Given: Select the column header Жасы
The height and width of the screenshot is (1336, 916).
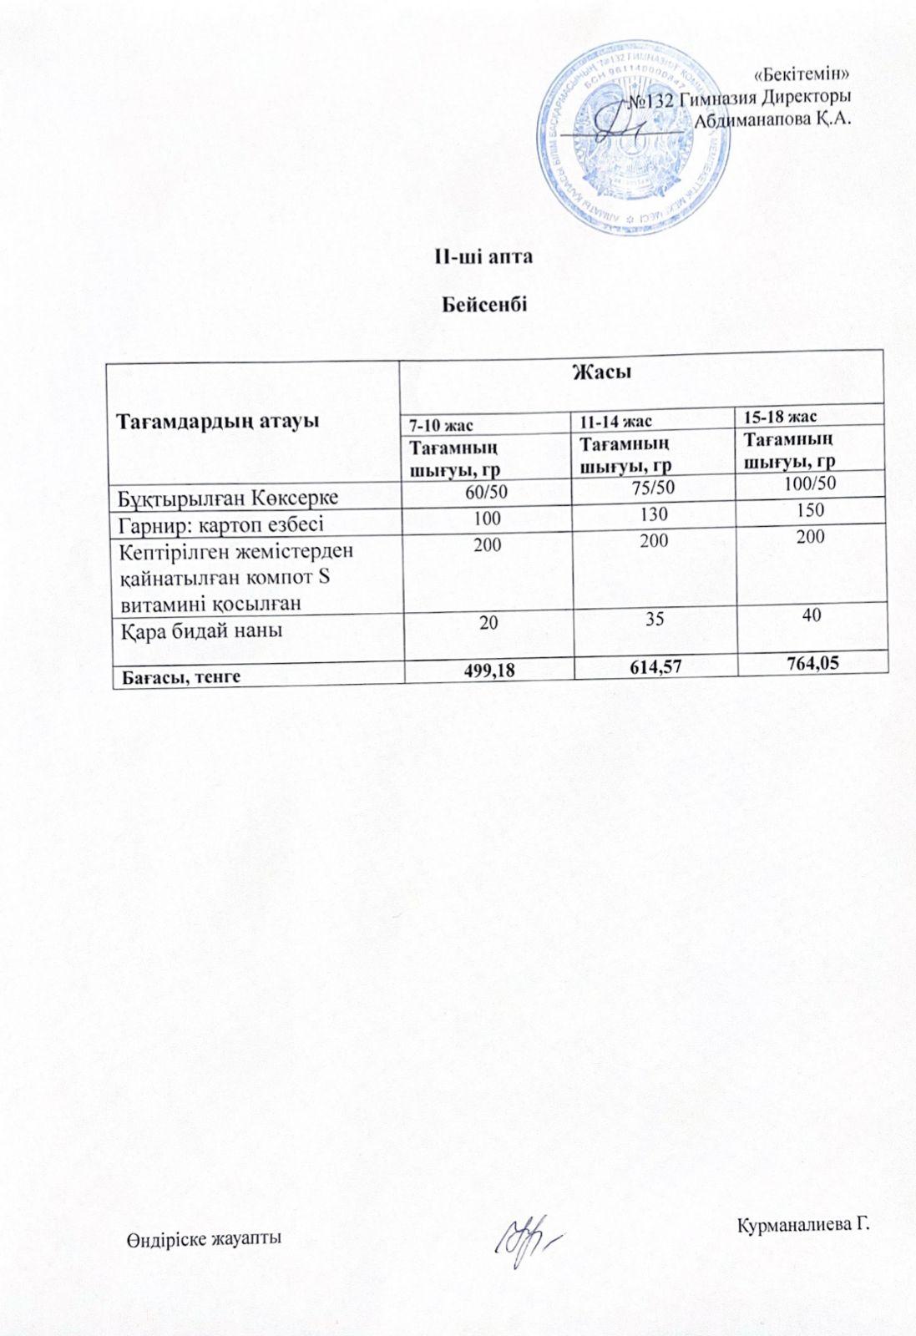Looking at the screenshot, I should [x=600, y=372].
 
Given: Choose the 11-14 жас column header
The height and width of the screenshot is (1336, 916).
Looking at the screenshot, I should [x=616, y=421].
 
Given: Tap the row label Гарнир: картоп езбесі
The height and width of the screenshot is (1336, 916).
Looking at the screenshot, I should [x=221, y=525].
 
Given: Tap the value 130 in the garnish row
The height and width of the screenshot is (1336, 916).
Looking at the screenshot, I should [x=654, y=515].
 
